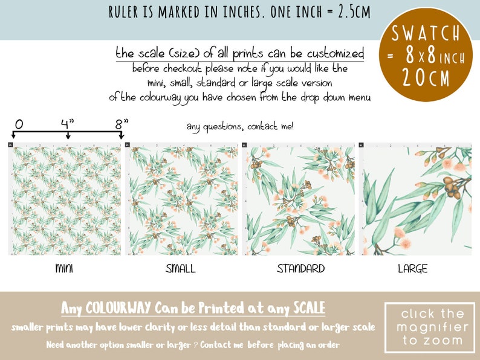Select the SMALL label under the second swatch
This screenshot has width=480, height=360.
click(181, 269)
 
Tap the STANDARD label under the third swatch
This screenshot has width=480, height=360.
click(300, 269)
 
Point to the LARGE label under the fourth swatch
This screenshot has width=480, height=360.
click(412, 269)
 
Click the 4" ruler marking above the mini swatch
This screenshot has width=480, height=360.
click(67, 124)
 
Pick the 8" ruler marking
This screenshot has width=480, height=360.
click(122, 124)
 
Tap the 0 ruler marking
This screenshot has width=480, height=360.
click(19, 124)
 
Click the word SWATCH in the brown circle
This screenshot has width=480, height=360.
click(429, 33)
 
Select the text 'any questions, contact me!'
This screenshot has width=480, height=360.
click(240, 126)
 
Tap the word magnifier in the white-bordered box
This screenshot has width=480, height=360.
click(430, 327)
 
